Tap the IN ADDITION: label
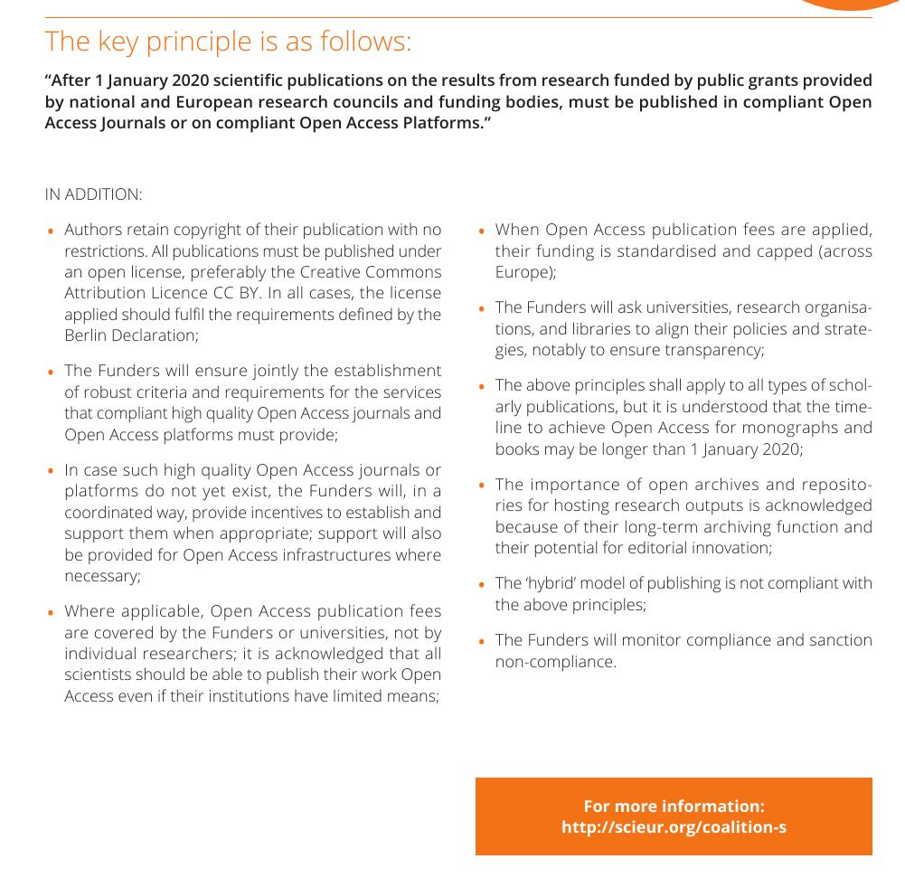[93, 194]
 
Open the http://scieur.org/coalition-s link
[674, 827]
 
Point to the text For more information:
[674, 806]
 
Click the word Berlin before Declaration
[88, 335]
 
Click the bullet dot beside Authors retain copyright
[51, 231]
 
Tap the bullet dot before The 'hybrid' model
[482, 585]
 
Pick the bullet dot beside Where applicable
[51, 613]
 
